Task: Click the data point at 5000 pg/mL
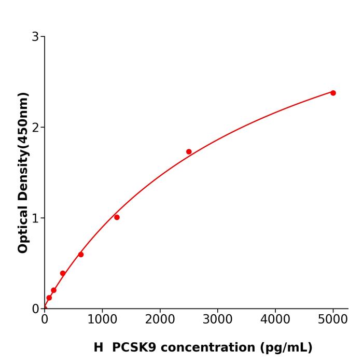coord(333,93)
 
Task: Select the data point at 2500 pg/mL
coord(189,152)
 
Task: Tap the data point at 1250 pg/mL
coord(117,217)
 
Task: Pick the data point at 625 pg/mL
coord(81,255)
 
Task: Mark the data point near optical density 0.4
coord(63,273)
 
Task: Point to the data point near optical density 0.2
coord(53,290)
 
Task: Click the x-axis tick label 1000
coord(102,318)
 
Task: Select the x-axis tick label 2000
coord(160,318)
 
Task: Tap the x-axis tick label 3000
coord(217,318)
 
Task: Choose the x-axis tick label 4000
coord(275,318)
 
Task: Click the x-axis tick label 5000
coord(333,318)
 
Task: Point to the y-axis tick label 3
coord(35,37)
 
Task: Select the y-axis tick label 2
coord(35,128)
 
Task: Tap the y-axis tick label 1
coord(35,218)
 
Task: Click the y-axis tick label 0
coord(35,309)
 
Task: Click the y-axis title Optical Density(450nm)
coord(23,173)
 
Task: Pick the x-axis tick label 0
coord(45,318)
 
